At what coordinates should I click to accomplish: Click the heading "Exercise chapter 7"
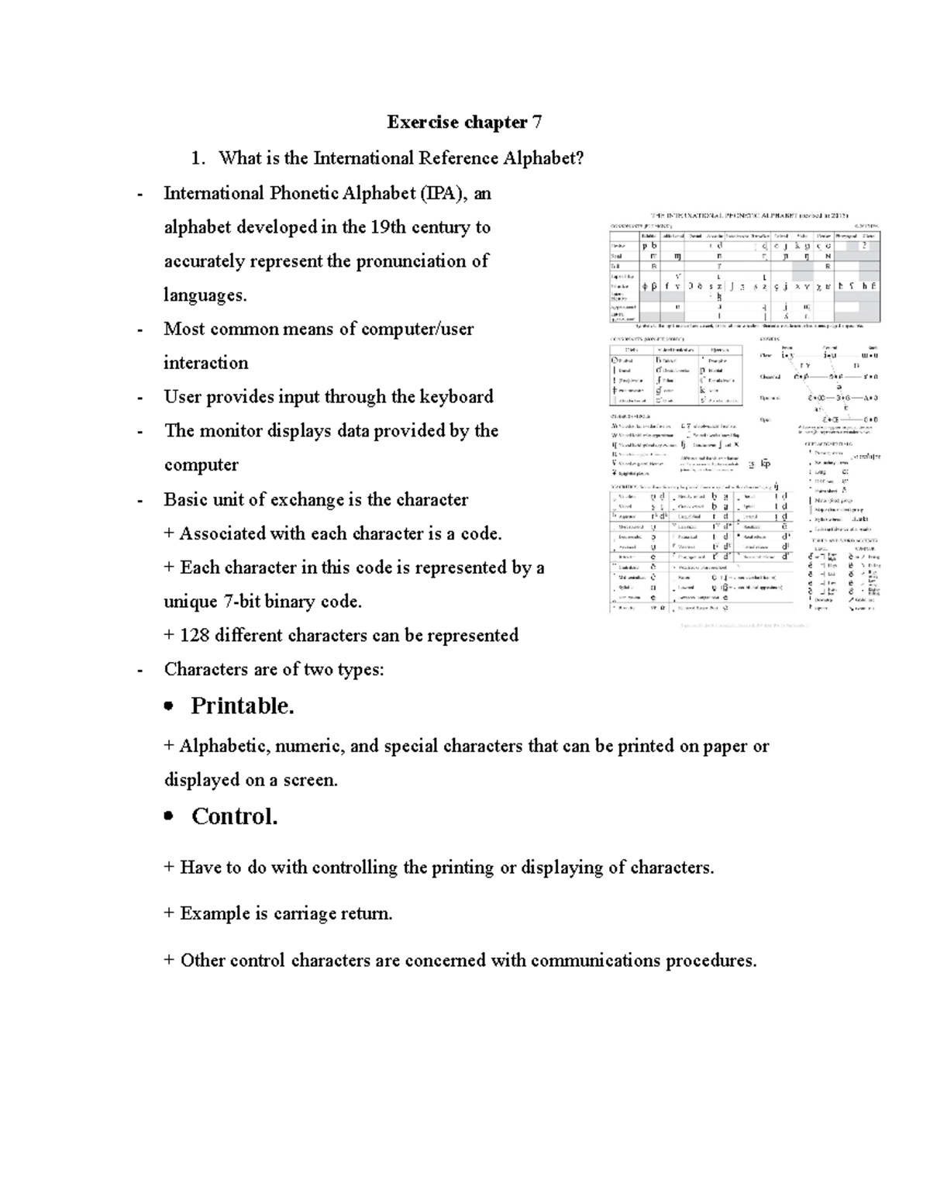point(464,122)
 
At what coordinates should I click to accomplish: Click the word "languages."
point(205,295)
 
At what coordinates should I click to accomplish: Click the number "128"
point(195,636)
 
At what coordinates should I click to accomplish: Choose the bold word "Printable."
point(243,706)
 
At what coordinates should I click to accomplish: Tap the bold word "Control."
point(234,816)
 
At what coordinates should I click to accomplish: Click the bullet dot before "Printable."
point(168,707)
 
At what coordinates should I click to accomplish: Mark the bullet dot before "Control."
point(168,817)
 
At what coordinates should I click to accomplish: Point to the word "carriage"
point(305,914)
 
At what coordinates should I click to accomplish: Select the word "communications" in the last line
point(532,961)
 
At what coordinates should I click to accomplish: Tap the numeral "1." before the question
point(199,158)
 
